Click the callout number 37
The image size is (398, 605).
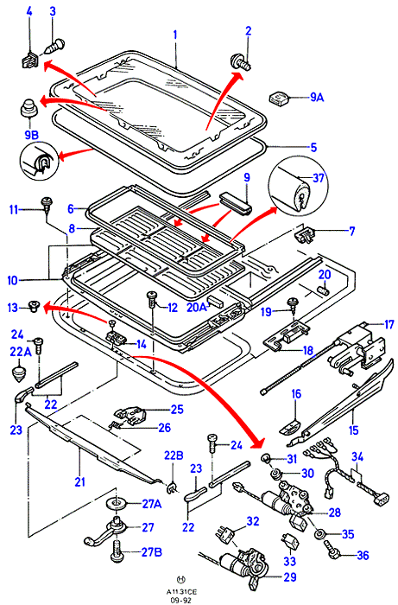click(319, 178)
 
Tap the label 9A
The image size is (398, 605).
click(317, 97)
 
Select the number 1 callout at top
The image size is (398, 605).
click(175, 35)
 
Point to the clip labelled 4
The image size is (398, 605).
click(28, 60)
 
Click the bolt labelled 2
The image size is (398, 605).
click(241, 62)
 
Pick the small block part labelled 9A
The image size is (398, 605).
click(280, 98)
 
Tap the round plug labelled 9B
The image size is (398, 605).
click(29, 109)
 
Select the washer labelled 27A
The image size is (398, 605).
click(117, 504)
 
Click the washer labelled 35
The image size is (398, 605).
click(319, 534)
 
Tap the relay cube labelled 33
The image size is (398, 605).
click(290, 541)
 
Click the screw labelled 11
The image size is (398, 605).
click(47, 205)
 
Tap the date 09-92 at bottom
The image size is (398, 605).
click(180, 600)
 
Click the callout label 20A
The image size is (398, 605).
click(196, 308)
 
